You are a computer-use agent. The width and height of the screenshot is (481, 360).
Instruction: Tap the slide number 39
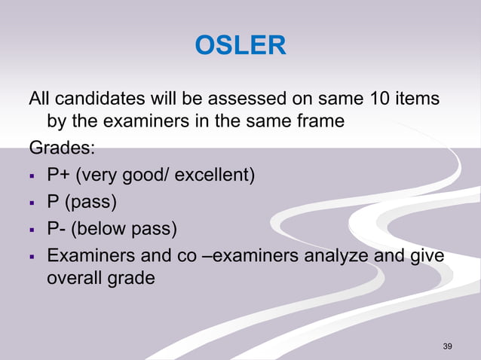point(448,346)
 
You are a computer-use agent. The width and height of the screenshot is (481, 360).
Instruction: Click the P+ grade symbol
point(57,176)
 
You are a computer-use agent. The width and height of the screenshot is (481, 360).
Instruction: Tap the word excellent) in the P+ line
point(216,176)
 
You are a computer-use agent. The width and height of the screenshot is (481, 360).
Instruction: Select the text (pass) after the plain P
point(90,203)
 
